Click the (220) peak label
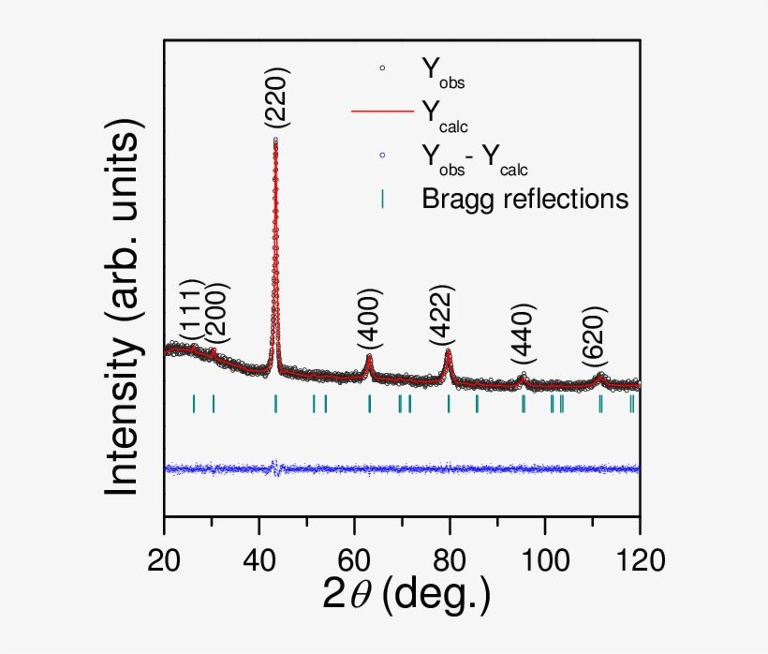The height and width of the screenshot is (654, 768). [276, 98]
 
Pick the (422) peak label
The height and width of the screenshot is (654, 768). [442, 316]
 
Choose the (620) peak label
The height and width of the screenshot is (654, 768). [593, 337]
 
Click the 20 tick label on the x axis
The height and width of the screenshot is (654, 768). [164, 560]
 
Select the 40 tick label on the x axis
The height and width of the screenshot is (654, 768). [259, 560]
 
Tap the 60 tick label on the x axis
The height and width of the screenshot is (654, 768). [355, 560]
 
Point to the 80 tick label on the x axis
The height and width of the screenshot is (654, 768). [450, 560]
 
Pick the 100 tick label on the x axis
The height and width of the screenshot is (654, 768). [545, 560]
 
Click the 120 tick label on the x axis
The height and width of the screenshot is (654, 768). [641, 560]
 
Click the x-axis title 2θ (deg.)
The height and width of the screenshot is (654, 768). [406, 597]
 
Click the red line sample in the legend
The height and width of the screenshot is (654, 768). [382, 111]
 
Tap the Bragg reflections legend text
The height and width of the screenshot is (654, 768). [524, 198]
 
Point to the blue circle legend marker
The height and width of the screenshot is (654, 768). [382, 155]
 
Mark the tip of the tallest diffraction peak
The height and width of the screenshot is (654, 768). [275, 141]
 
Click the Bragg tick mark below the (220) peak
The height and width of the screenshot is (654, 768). [275, 403]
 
